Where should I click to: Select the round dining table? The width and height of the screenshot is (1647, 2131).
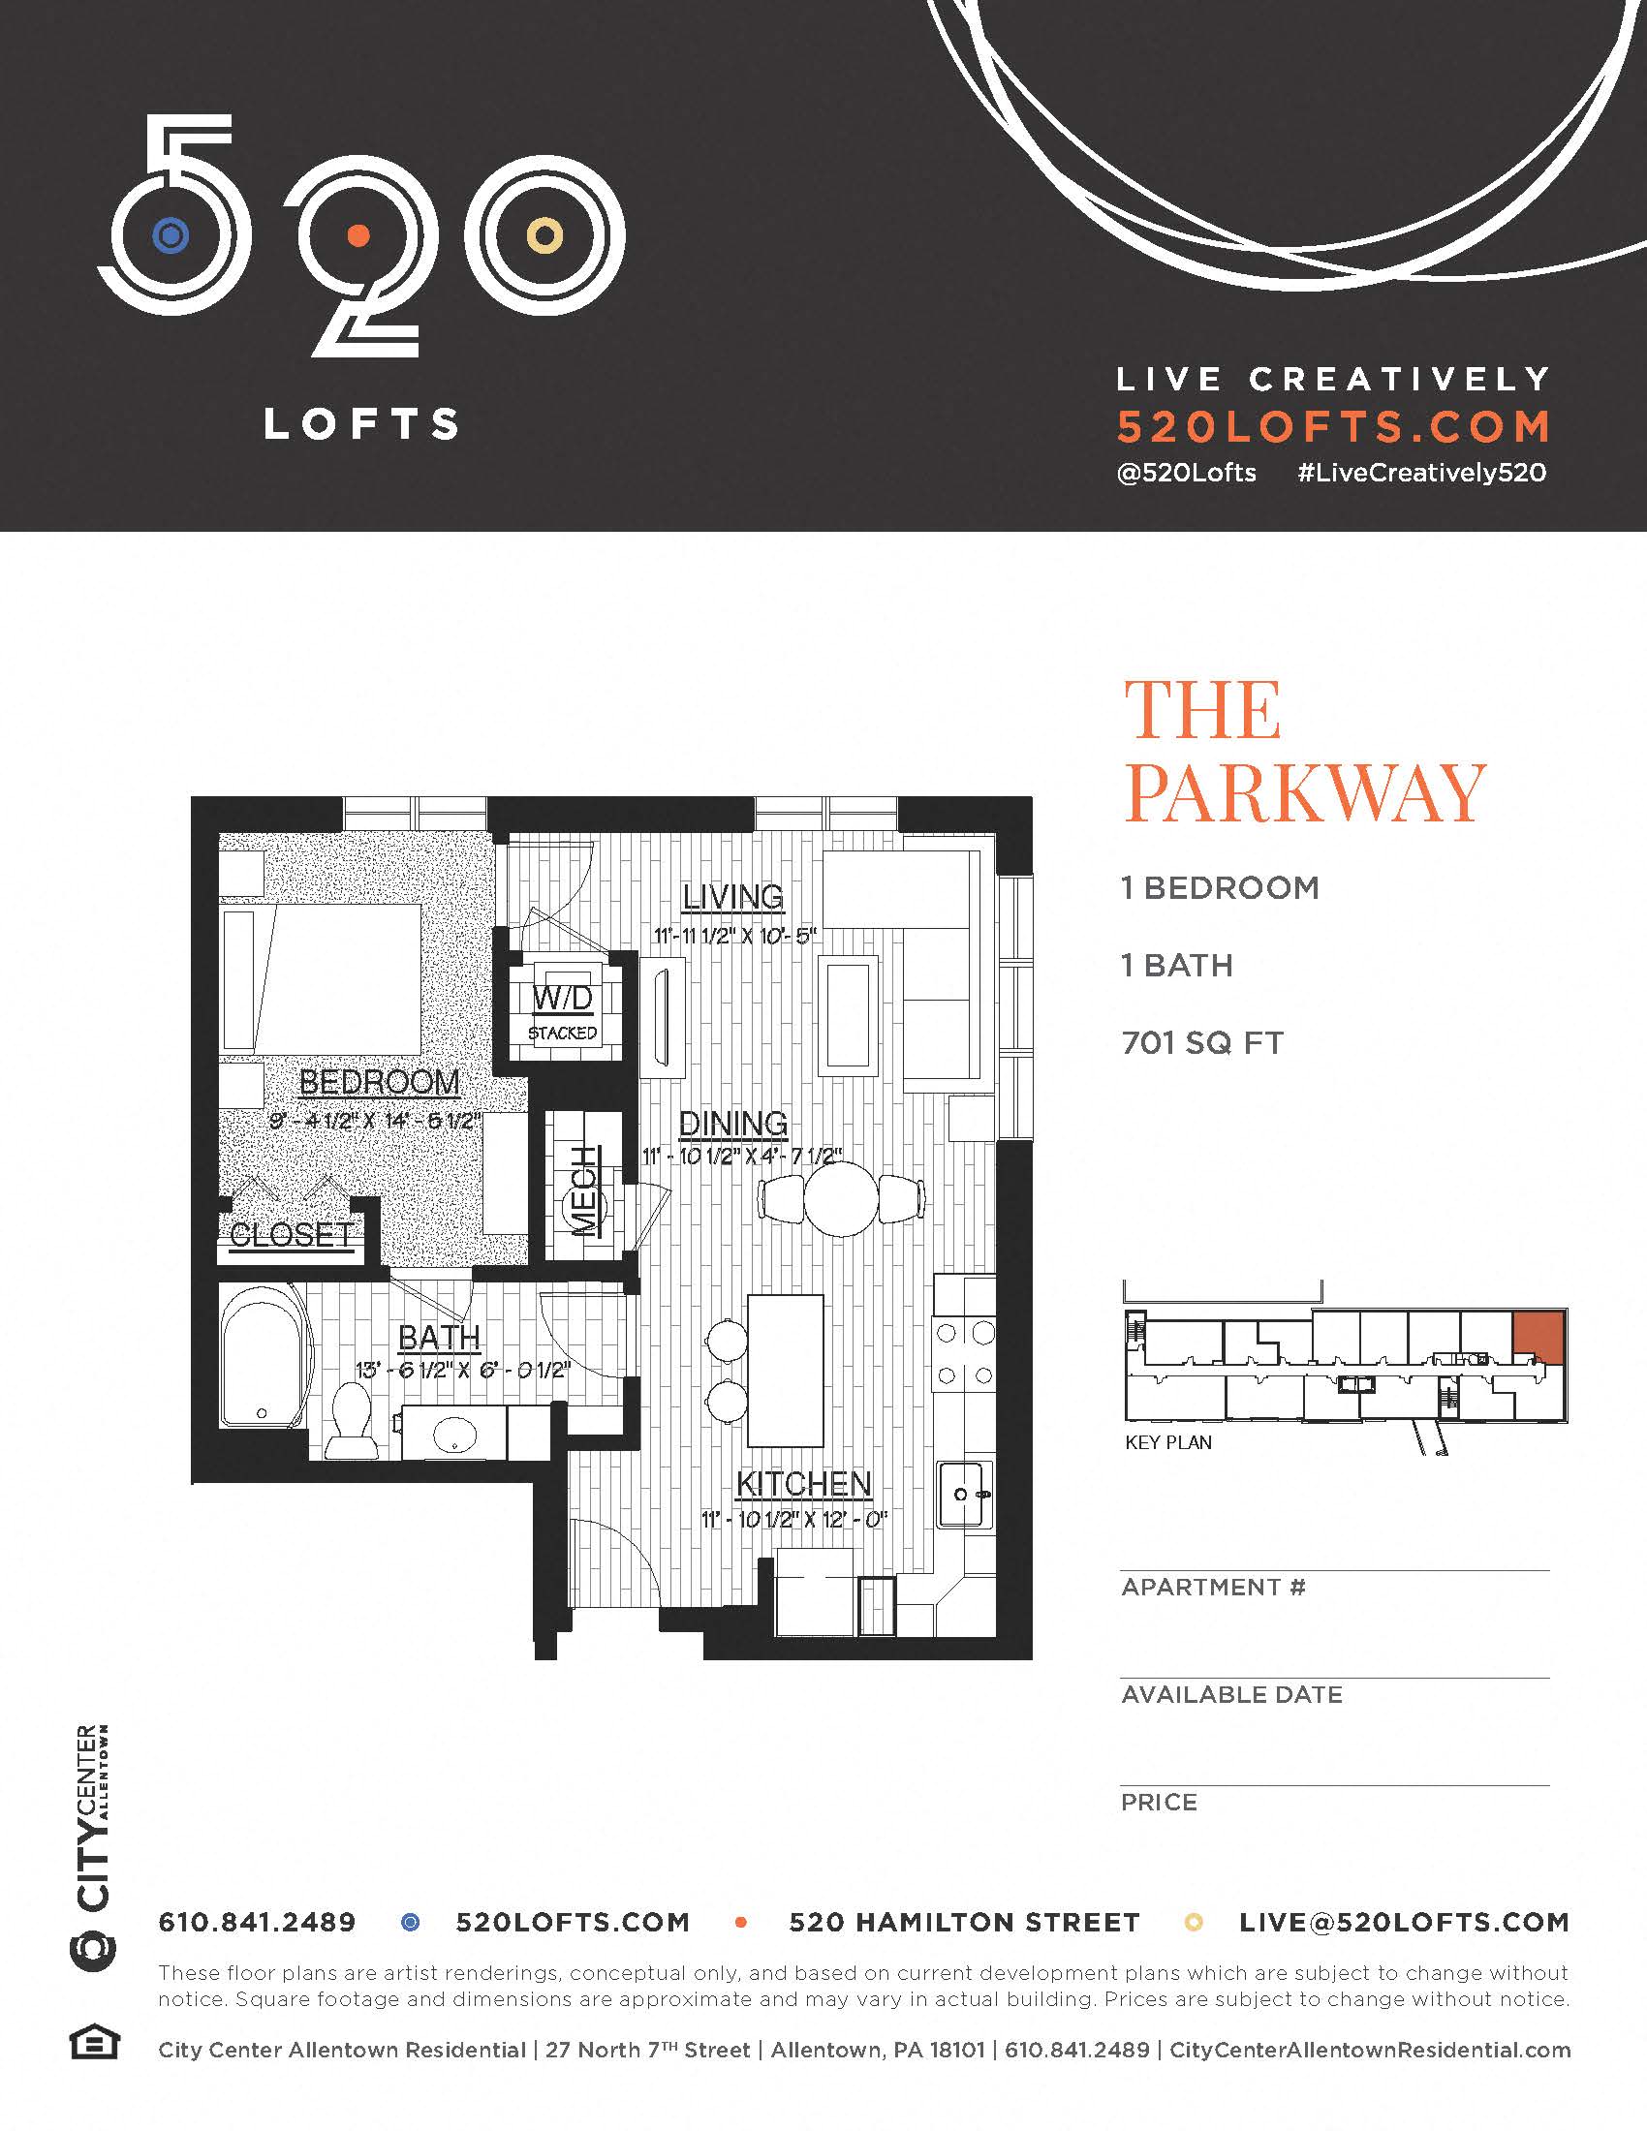tap(841, 1199)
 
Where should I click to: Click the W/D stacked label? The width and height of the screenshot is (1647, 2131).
tap(563, 1011)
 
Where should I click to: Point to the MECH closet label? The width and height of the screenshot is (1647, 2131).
tap(584, 1191)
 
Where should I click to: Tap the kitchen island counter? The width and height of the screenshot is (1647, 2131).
tap(785, 1370)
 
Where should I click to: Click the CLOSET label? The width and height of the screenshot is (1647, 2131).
tap(291, 1234)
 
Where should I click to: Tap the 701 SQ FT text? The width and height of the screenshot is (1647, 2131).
tap(1202, 1043)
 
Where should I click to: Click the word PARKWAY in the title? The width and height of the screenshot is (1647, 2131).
tap(1305, 792)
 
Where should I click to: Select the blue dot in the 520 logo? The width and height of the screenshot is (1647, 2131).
tap(171, 235)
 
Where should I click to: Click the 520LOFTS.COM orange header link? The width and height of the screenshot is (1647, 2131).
tap(1333, 426)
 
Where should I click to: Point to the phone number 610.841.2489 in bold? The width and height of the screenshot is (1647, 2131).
tap(257, 1922)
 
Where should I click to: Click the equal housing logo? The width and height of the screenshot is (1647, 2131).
tap(95, 2043)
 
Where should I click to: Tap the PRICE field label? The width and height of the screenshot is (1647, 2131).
tap(1158, 1803)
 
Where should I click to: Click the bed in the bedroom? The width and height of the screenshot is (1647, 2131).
tap(322, 977)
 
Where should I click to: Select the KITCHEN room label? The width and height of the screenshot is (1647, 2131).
tap(803, 1483)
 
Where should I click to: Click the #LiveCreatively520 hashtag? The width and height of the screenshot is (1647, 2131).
tap(1421, 474)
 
